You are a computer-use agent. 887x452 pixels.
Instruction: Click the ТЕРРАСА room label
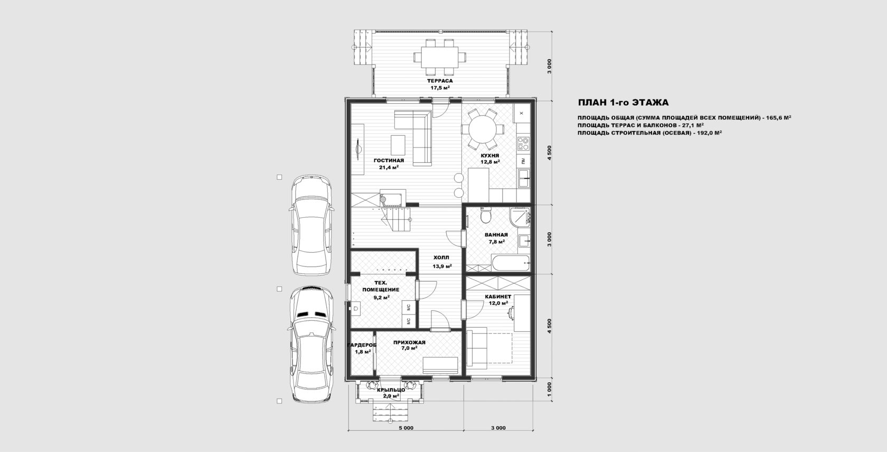(440, 81)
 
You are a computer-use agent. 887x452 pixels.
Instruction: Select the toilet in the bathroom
(485, 215)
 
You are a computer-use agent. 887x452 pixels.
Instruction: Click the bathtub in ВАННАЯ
(511, 263)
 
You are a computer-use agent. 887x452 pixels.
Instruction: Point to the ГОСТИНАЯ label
(389, 161)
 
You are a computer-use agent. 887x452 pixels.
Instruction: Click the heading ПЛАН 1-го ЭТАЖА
(623, 103)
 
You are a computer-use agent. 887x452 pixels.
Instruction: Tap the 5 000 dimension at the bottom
(406, 428)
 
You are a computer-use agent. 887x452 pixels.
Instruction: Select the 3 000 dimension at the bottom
(498, 428)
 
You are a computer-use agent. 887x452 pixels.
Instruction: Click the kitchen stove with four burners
(523, 143)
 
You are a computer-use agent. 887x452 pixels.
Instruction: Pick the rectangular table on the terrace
(439, 57)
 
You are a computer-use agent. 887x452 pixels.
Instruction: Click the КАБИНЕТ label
(498, 297)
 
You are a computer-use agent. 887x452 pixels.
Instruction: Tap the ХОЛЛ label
(441, 258)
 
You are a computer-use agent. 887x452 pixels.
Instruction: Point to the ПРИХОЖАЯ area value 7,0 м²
(409, 348)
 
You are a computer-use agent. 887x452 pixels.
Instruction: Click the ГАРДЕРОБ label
(362, 345)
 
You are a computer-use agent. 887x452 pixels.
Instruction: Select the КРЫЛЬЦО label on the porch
(391, 390)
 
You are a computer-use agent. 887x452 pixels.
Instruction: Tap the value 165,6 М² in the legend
(777, 118)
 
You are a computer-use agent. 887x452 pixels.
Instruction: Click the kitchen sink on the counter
(524, 178)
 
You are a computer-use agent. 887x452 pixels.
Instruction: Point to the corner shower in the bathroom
(520, 217)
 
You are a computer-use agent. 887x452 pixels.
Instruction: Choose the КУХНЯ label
(490, 156)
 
